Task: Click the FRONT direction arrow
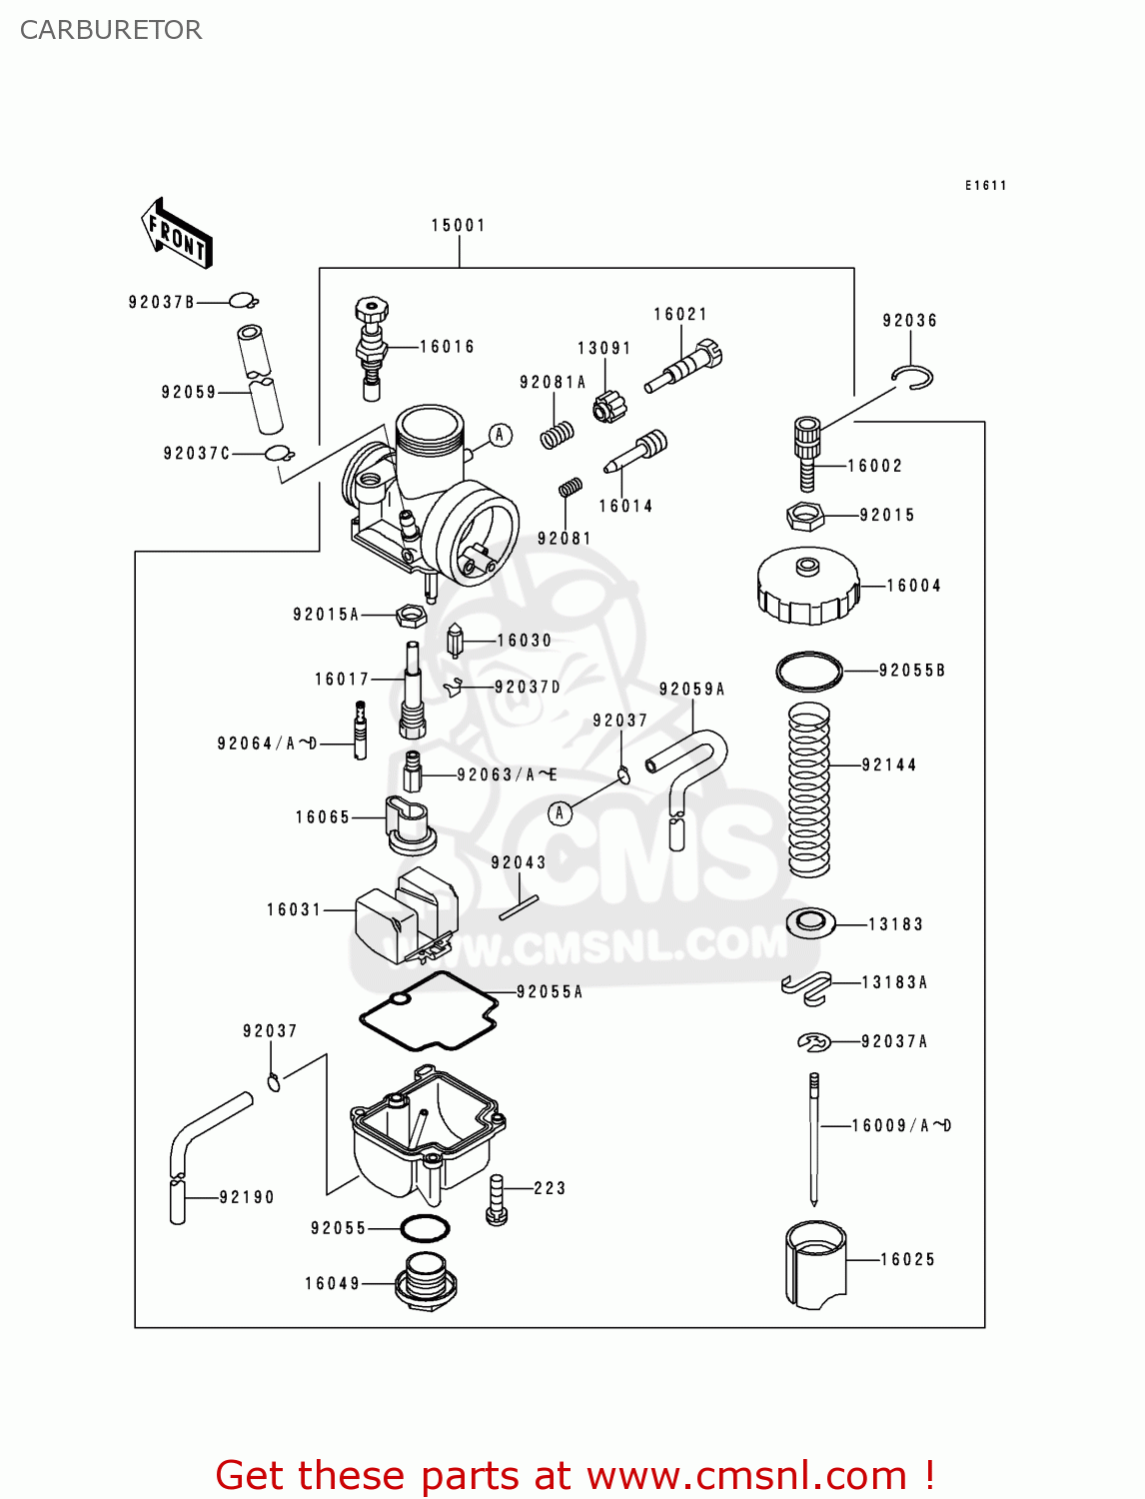[x=177, y=234]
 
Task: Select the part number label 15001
[x=458, y=226]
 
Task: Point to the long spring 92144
[x=809, y=789]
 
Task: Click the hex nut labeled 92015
[x=804, y=517]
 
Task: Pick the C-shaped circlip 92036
[x=913, y=378]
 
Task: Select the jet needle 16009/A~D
[x=814, y=1139]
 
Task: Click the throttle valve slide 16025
[x=815, y=1263]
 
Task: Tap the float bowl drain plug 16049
[x=426, y=1282]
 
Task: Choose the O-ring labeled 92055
[x=425, y=1227]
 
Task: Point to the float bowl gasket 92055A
[x=430, y=1011]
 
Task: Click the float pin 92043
[x=519, y=907]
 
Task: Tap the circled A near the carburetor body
[x=501, y=435]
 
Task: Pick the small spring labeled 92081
[x=571, y=487]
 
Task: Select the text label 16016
[x=447, y=347]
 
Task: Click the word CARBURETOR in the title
[x=111, y=30]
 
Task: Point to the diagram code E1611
[x=985, y=186]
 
